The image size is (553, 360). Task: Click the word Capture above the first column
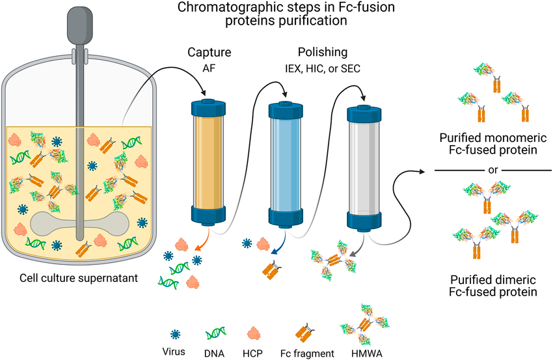[x=209, y=53]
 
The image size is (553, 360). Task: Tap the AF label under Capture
[x=209, y=68]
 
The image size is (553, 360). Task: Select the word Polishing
[x=323, y=52]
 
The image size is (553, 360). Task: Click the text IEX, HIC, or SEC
[x=323, y=68]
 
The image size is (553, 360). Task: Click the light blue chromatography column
[x=286, y=165]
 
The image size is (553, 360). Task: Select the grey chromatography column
[x=364, y=168]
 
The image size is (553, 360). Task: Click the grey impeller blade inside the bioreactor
[x=80, y=224]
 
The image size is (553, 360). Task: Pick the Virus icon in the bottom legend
[x=175, y=334]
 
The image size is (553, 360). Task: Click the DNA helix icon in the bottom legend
[x=215, y=333]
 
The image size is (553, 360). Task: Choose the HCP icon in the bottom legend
[x=253, y=333]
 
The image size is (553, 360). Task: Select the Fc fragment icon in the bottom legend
[x=304, y=333]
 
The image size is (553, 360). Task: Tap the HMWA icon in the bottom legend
[x=366, y=324]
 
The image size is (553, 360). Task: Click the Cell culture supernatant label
[x=79, y=278]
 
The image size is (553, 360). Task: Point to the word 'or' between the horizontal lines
[x=492, y=170]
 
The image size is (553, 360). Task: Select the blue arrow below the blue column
[x=280, y=242]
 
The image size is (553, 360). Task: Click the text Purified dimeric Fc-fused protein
[x=493, y=286]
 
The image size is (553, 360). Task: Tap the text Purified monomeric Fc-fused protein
[x=493, y=144]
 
